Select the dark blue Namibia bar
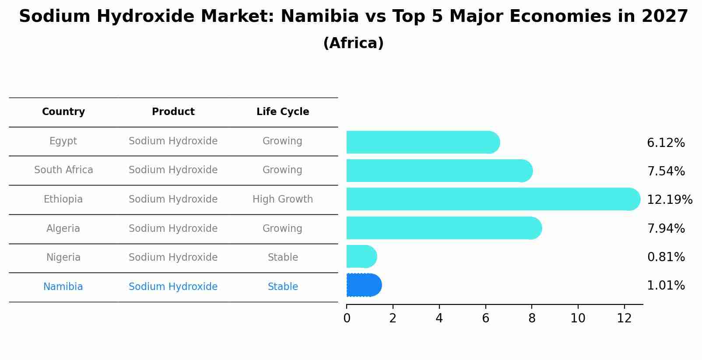tap(363, 285)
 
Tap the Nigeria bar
tap(361, 256)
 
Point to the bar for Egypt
tap(422, 142)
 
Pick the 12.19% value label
tap(669, 200)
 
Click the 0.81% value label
tap(666, 257)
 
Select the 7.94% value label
tap(666, 228)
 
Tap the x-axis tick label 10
tap(578, 318)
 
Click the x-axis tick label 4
tap(439, 318)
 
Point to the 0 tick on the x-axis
tap(347, 318)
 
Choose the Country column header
tap(63, 112)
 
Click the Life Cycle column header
tap(283, 112)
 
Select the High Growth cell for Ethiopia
tap(283, 199)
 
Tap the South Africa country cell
tap(63, 170)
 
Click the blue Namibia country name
tap(63, 287)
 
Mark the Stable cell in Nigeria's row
tap(283, 258)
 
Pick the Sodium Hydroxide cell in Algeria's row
tap(173, 229)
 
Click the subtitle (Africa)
tap(353, 43)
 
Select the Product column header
tap(173, 112)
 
